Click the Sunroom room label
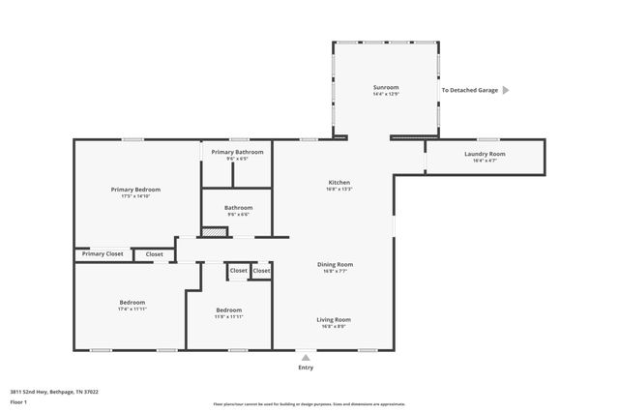pos(385,88)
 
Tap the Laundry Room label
pos(485,154)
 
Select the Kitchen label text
pos(339,183)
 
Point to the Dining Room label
pos(335,264)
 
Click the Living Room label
pos(335,319)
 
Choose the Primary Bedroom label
pos(135,190)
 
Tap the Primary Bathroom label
pos(237,152)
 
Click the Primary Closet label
pos(103,253)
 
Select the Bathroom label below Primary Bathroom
pos(238,207)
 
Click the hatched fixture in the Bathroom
pos(214,232)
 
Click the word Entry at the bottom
pos(307,368)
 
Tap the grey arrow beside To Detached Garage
pos(505,90)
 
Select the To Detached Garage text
pos(469,90)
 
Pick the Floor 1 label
pos(18,400)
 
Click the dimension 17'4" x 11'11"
pos(132,309)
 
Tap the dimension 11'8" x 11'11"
pos(228,316)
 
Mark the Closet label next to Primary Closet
pos(154,253)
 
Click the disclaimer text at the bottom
pos(309,404)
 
